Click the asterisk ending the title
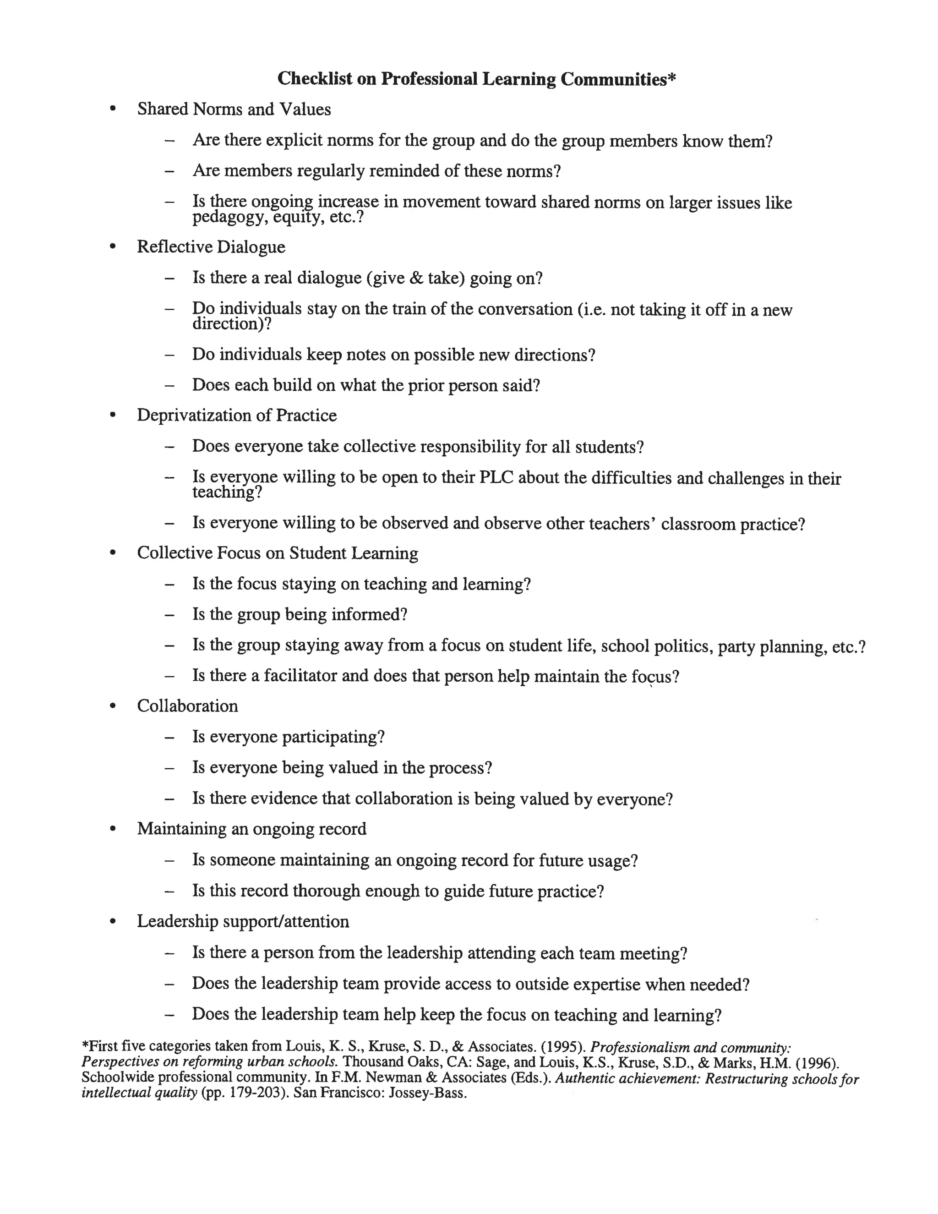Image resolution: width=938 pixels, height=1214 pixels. tap(672, 77)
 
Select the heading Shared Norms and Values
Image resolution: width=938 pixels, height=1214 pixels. tap(234, 109)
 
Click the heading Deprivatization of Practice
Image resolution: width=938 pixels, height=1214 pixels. tap(237, 415)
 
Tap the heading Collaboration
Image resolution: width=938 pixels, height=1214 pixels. tap(187, 706)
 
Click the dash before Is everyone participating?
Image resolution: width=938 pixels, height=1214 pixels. tap(169, 738)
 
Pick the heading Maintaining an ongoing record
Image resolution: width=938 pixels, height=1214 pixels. tap(252, 829)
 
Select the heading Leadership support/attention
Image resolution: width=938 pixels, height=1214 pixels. tap(243, 922)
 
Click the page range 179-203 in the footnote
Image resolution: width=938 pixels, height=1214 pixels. tap(254, 1094)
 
